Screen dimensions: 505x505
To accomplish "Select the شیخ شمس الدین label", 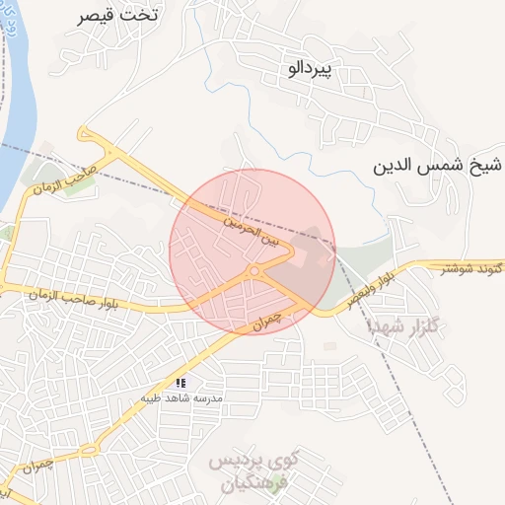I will coord(438,165).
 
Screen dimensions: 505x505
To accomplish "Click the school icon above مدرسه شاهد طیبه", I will coord(180,382).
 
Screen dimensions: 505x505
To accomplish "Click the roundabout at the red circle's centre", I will coord(253,269).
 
